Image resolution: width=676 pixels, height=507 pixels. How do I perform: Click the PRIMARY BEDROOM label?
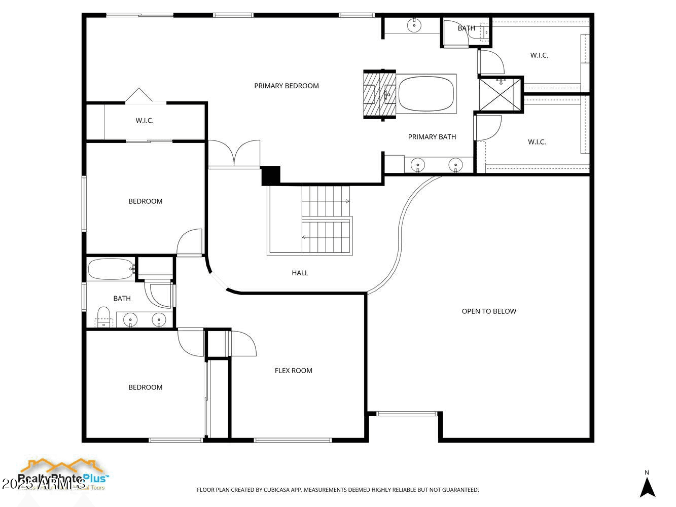287,86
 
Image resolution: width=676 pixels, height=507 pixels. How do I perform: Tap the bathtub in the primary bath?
426,94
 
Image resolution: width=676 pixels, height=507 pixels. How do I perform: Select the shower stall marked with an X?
501,94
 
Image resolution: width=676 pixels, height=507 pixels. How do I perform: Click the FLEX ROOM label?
293,371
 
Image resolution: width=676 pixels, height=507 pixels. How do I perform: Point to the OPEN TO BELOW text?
489,311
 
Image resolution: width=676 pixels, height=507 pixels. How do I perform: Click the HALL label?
300,273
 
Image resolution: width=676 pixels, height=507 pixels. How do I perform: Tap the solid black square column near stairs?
271,175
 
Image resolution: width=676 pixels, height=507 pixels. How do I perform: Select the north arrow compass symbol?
647,487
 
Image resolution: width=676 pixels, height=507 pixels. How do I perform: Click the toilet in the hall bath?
103,317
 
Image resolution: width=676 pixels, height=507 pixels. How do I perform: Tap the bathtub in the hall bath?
110,269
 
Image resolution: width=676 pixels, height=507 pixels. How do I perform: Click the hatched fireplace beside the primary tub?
379,94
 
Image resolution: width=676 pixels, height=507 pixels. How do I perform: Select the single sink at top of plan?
414,24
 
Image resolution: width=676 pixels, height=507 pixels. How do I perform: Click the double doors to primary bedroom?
234,154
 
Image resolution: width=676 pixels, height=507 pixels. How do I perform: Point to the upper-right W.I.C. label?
539,55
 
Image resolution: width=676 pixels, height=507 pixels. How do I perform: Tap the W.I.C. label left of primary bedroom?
145,121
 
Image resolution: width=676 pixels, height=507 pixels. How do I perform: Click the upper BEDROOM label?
146,201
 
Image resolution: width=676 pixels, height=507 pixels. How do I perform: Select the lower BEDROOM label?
146,387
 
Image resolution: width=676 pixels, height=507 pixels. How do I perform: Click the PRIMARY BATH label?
432,137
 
